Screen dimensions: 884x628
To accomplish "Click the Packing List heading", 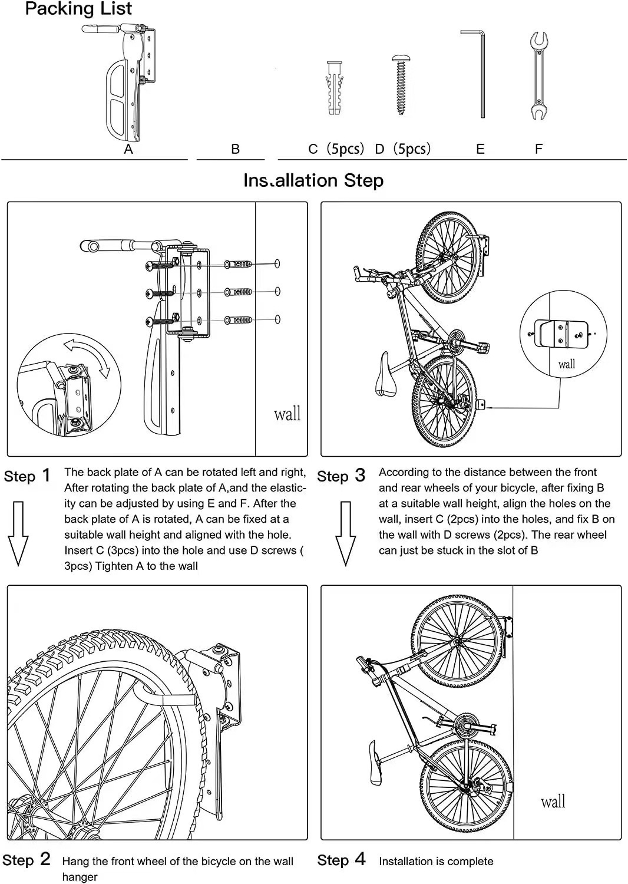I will click(x=78, y=9).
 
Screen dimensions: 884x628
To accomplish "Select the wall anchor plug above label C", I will click(x=334, y=88).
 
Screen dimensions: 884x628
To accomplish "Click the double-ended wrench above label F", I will click(x=538, y=77).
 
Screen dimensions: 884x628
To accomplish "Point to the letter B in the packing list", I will click(x=235, y=149).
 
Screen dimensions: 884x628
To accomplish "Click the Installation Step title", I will click(x=313, y=180).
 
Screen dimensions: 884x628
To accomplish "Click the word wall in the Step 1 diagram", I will click(x=287, y=414).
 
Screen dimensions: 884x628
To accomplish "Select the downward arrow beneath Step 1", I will click(x=19, y=533).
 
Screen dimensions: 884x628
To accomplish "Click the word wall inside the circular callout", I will click(x=566, y=364).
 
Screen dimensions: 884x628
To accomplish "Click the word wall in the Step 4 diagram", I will click(x=553, y=801).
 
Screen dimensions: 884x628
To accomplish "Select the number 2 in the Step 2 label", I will click(x=45, y=859).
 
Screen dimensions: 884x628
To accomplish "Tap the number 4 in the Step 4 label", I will click(x=360, y=859).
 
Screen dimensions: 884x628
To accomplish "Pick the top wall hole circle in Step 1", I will click(x=277, y=263).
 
